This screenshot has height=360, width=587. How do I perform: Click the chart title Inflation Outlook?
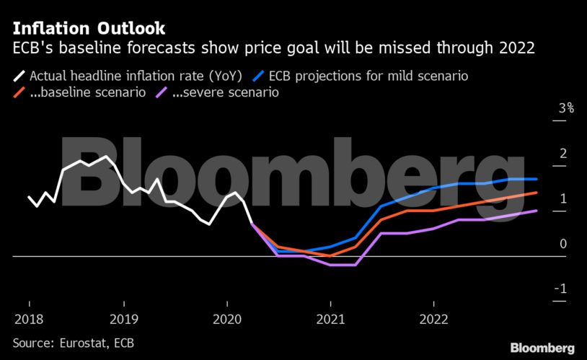89,28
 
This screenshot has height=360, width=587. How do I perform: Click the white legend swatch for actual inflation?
19,74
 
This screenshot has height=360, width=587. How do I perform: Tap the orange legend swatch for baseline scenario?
19,93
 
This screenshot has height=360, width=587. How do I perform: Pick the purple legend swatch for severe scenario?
162,93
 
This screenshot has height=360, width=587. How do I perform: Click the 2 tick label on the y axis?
564,154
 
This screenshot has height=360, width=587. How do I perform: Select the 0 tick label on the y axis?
564,244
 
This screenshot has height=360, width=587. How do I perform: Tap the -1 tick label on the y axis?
562,289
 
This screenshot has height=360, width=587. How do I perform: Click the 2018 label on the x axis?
29,318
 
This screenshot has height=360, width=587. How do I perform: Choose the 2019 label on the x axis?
129,318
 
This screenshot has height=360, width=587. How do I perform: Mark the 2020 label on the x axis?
229,318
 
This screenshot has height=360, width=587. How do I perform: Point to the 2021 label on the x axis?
331,318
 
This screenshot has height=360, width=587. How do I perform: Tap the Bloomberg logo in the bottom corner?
542,348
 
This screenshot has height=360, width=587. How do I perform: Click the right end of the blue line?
537,179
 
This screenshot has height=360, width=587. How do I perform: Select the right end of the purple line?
537,211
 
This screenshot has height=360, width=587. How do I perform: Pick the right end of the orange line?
537,193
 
